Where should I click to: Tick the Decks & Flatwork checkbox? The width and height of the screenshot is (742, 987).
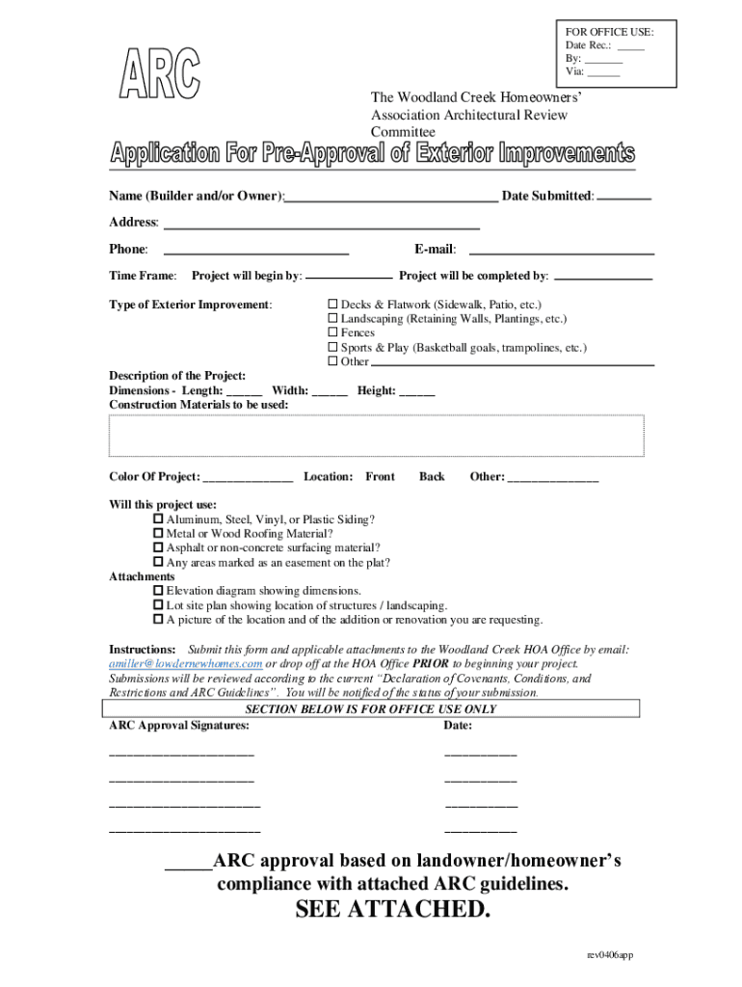pos(333,304)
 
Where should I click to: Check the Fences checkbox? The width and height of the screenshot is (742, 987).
pos(333,333)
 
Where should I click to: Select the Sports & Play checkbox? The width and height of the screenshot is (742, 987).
pos(333,347)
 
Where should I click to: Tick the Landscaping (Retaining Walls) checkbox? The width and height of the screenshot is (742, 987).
pos(333,318)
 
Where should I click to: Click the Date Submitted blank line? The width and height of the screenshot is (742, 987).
pos(623,197)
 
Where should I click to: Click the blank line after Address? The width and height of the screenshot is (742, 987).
pos(322,226)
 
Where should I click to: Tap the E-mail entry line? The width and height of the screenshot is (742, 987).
pos(561,252)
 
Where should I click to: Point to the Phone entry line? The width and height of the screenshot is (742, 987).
pos(256,252)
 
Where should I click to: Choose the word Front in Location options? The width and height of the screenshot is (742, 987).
pos(380,477)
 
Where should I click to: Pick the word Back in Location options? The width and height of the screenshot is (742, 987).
pos(432,477)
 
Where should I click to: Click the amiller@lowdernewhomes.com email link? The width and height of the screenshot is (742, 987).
pos(186,664)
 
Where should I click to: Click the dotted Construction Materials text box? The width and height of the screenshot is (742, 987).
pos(377,436)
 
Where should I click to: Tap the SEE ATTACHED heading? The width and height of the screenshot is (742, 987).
pos(392,911)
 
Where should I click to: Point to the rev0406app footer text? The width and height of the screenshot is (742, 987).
pos(610,955)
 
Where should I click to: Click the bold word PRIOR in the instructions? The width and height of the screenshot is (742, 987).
pos(430,664)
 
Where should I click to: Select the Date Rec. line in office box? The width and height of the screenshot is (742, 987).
pos(630,45)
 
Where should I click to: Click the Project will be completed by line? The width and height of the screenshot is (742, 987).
pos(604,278)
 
